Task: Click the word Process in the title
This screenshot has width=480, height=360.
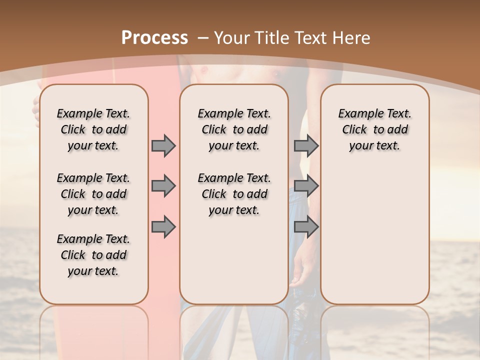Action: [154, 38]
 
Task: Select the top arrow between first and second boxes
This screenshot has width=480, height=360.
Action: [163, 146]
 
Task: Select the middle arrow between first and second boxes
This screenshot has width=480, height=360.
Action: [163, 186]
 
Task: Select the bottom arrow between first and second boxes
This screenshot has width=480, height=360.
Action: [163, 227]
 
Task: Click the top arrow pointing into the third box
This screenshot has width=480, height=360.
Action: [306, 146]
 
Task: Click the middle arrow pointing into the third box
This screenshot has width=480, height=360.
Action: [306, 186]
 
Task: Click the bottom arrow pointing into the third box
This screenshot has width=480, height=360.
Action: [306, 227]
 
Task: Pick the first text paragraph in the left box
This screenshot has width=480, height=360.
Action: [93, 129]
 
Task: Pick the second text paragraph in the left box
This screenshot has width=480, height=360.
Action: [93, 194]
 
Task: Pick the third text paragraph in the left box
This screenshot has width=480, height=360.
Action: [93, 255]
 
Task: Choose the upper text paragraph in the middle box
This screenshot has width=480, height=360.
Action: [234, 129]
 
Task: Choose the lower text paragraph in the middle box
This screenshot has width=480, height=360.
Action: [234, 194]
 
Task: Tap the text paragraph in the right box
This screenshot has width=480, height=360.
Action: [374, 129]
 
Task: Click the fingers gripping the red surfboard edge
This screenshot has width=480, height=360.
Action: [36, 107]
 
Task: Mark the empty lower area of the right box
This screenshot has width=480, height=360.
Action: [374, 235]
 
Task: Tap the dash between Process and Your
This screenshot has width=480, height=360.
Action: [202, 38]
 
